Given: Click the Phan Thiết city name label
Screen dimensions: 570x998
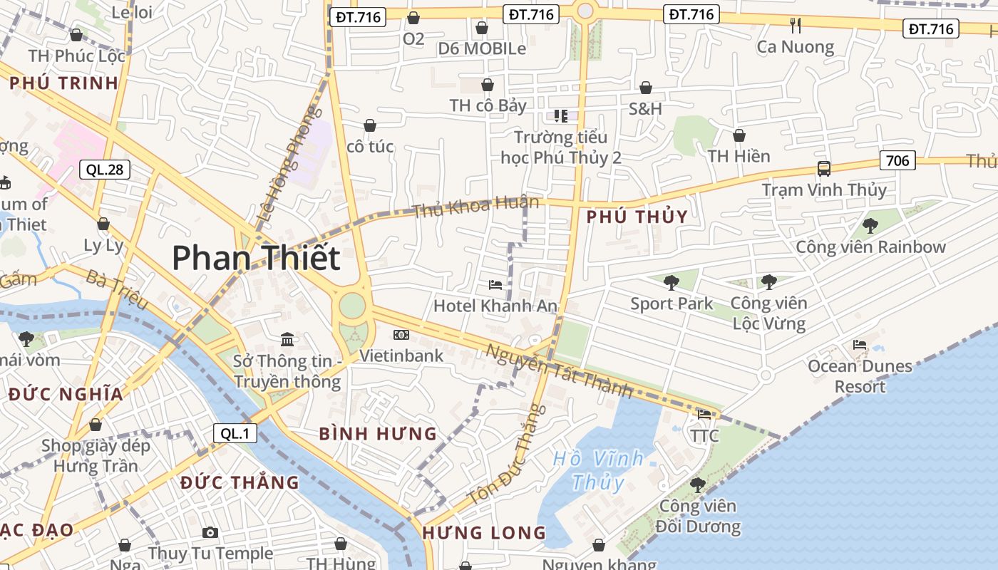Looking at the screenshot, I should (x=256, y=257).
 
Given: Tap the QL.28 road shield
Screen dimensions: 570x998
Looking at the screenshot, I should (x=105, y=170).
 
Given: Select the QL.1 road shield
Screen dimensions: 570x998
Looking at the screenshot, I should (x=235, y=432).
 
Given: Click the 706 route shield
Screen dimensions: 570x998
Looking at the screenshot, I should (x=897, y=160).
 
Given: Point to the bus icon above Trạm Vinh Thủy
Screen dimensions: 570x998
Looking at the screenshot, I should (x=823, y=169).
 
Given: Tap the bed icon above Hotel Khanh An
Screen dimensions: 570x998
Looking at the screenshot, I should (x=495, y=285).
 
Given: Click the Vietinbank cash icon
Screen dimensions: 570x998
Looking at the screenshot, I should (x=401, y=335).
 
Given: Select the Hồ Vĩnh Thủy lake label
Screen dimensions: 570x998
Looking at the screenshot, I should (x=598, y=470).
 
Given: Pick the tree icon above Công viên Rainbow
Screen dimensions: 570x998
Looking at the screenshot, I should (x=870, y=226).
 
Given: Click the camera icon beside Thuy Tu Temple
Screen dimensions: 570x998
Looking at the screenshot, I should (x=210, y=532).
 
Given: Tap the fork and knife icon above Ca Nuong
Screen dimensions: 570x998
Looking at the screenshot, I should (x=796, y=26).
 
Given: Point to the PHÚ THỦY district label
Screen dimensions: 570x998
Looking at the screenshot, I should (x=637, y=217).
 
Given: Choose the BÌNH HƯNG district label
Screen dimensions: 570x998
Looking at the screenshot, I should (x=378, y=433).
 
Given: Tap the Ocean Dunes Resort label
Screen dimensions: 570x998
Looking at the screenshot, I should (x=860, y=376).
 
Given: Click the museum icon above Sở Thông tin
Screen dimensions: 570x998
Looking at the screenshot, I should (x=287, y=339).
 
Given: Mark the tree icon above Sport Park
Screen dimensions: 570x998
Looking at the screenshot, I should (x=671, y=283).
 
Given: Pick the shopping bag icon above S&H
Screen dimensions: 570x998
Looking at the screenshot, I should (x=645, y=88).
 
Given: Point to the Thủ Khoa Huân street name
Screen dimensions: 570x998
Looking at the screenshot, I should (x=475, y=206).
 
